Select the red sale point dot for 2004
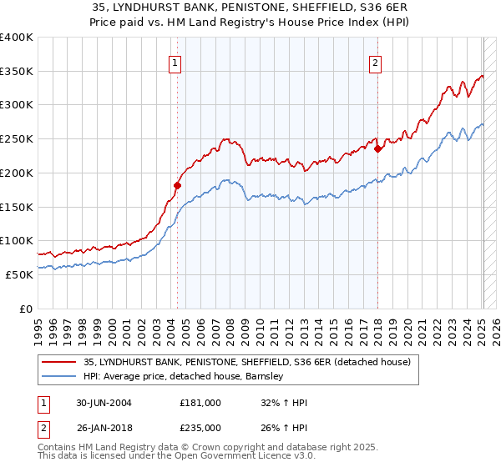pyautogui.click(x=177, y=185)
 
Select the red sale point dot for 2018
pyautogui.click(x=377, y=149)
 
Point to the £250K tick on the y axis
pyautogui.click(x=17, y=139)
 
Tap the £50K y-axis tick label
pyautogui.click(x=19, y=274)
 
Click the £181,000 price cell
pyautogui.click(x=200, y=403)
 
